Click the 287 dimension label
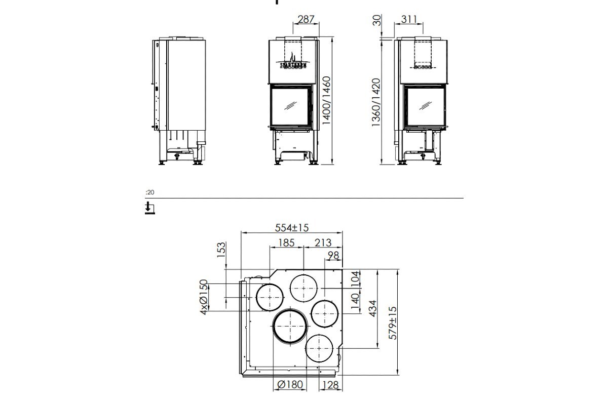(306, 20)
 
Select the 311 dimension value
(409, 20)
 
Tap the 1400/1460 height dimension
(327, 101)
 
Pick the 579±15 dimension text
(392, 323)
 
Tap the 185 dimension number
(286, 242)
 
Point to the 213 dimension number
(323, 242)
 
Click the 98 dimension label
(333, 256)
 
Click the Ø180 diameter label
(290, 385)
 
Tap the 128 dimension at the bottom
(329, 385)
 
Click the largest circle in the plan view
(290, 326)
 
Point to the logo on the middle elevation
(292, 63)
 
